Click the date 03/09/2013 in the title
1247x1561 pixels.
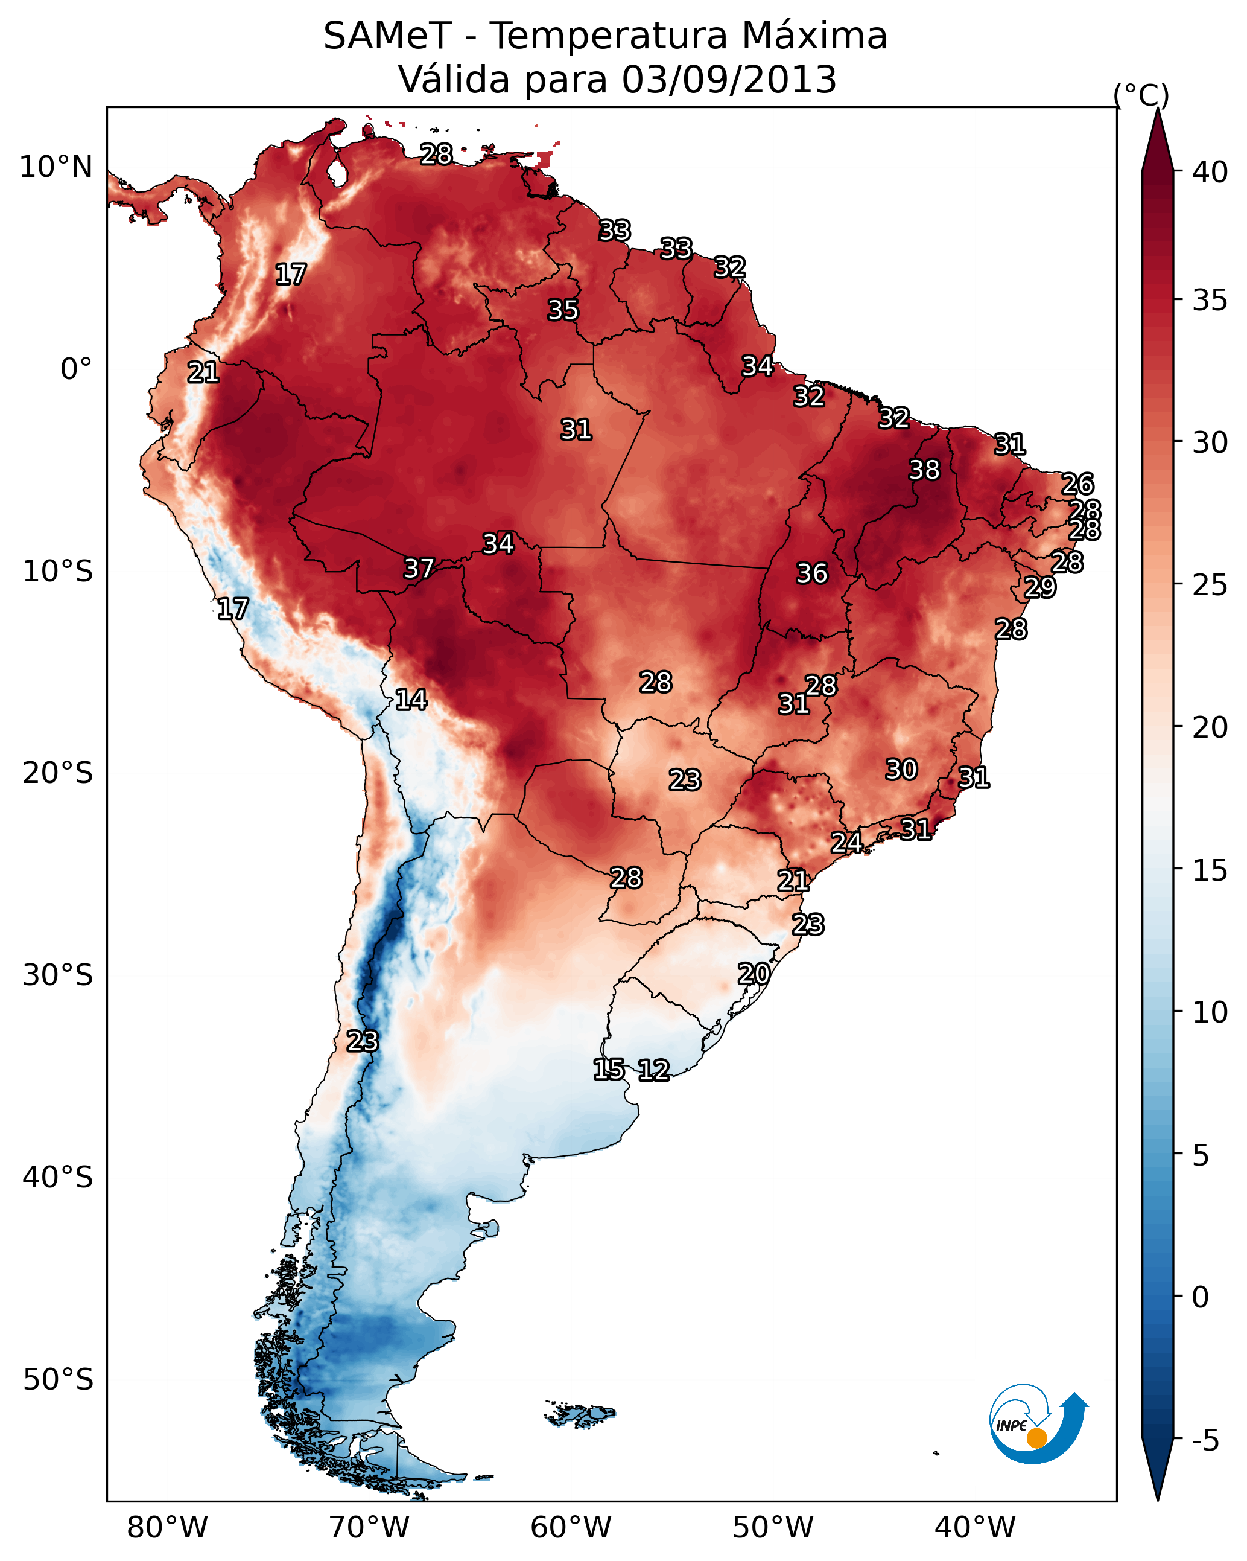coord(729,79)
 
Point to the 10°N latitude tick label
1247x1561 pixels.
coord(56,167)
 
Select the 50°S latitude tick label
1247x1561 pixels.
coord(58,1380)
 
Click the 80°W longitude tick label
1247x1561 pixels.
coord(167,1528)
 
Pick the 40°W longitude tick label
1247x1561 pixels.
coord(975,1528)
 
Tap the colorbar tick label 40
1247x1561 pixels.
coord(1210,172)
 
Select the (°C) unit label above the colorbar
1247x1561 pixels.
coord(1141,95)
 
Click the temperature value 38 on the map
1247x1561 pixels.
coord(924,470)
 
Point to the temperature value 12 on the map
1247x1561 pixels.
coord(653,1070)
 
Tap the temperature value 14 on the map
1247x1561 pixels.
coord(411,700)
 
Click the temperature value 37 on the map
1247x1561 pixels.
coord(419,569)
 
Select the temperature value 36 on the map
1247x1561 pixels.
coord(812,573)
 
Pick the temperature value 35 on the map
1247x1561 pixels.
coord(563,310)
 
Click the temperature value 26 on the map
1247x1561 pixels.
coord(1077,484)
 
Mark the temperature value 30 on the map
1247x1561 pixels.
coord(902,770)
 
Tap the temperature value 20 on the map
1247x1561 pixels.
coord(754,974)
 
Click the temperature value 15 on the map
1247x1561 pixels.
coord(609,1070)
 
